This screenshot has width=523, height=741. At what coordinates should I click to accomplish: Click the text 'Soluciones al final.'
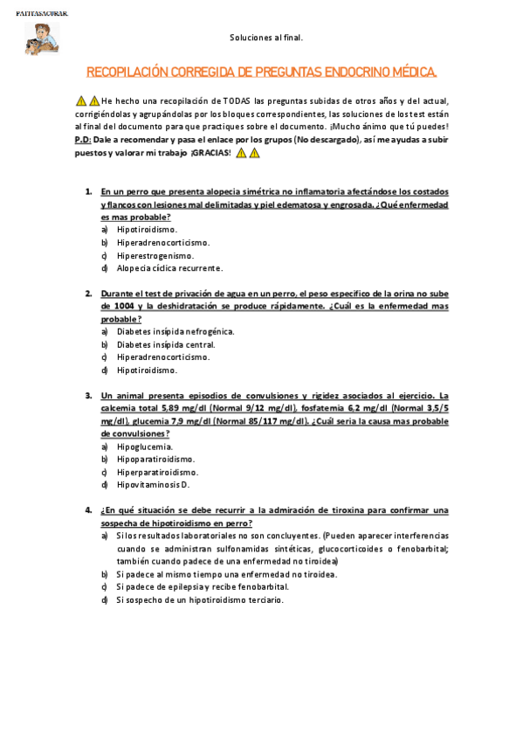click(x=266, y=38)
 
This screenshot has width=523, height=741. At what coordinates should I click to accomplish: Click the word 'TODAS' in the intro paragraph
click(x=236, y=100)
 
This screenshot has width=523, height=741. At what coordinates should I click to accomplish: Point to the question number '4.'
click(x=88, y=509)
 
